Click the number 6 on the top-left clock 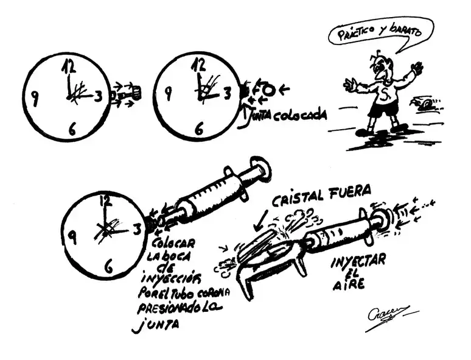[x=72, y=129]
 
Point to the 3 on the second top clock [x=227, y=93]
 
